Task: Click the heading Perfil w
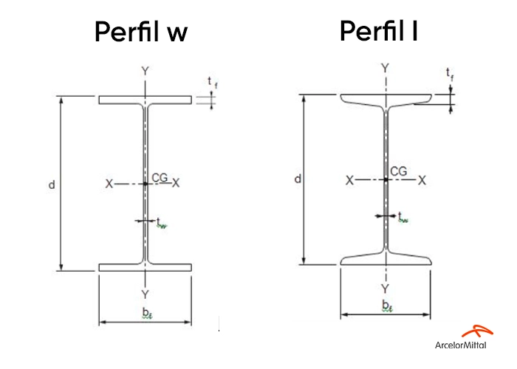click(141, 32)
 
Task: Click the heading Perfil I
click(380, 31)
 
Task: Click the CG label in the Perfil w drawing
click(160, 177)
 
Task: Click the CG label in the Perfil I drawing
click(398, 171)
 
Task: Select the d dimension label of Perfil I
click(296, 179)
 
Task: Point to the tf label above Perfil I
click(450, 74)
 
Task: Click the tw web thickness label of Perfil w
click(162, 223)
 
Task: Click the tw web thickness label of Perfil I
click(403, 217)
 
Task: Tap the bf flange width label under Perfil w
click(147, 313)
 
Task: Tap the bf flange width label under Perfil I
click(386, 306)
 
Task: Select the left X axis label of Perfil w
click(109, 184)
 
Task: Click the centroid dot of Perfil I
click(386, 179)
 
